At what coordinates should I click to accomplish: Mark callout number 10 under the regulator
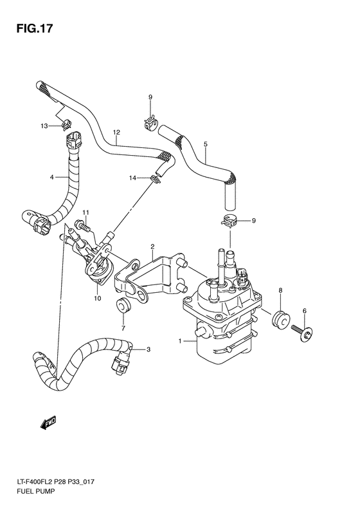(x=96, y=298)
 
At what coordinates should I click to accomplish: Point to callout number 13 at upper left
(x=44, y=125)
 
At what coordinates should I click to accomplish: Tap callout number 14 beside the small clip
(x=132, y=177)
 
